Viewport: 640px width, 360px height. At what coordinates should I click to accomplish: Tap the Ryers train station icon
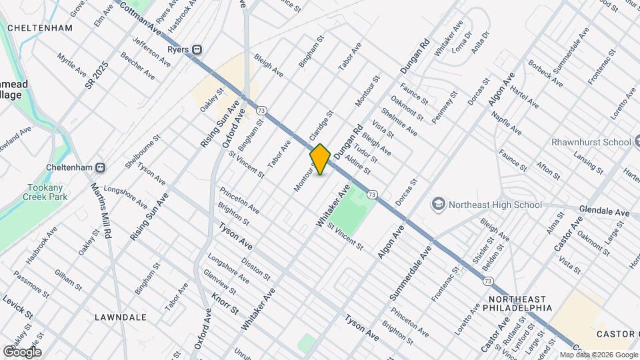click(197, 50)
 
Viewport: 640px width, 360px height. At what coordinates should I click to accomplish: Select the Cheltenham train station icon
click(101, 167)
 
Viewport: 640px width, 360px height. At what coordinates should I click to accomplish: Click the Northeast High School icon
click(438, 203)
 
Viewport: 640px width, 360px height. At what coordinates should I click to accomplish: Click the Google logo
click(21, 352)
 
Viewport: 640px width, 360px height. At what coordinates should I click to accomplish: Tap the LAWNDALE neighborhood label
click(121, 317)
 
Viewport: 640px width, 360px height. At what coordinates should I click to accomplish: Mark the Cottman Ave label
click(142, 18)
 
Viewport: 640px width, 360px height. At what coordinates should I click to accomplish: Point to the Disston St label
click(256, 269)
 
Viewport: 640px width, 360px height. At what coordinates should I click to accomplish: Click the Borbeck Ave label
click(546, 75)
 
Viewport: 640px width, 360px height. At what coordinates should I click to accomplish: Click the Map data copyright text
click(598, 355)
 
